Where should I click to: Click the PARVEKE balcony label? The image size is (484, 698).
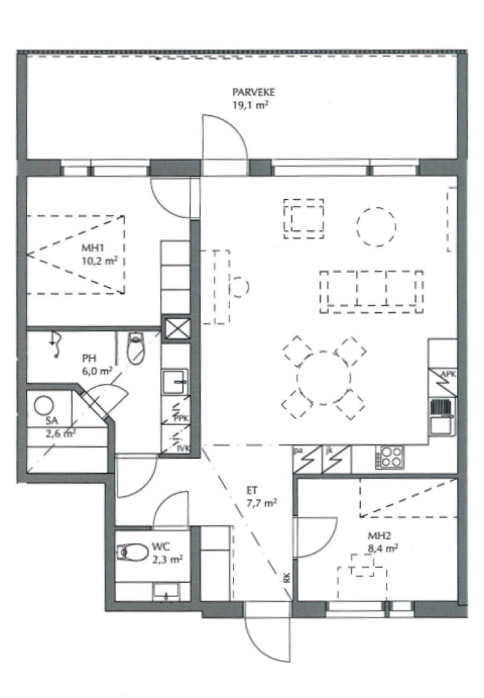pos(253,93)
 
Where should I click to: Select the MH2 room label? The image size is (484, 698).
pos(378,536)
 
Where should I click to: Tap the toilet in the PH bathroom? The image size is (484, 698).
pos(136,348)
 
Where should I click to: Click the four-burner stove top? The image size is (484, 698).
pos(390,457)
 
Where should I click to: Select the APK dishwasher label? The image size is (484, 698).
pos(447,374)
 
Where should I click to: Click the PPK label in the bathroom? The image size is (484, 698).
pos(181,418)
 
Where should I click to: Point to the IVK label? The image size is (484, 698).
pos(182,449)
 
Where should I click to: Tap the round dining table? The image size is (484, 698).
pos(323,378)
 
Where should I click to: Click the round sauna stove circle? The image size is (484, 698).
pos(44,406)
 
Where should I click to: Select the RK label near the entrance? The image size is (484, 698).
pos(286,578)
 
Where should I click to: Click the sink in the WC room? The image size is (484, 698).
pos(166,592)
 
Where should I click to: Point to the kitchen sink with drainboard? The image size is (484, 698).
pos(442,417)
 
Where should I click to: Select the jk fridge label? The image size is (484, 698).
pos(329,451)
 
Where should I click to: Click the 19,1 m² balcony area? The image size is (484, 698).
pos(251,105)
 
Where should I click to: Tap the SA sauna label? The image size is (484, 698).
pos(52,420)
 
